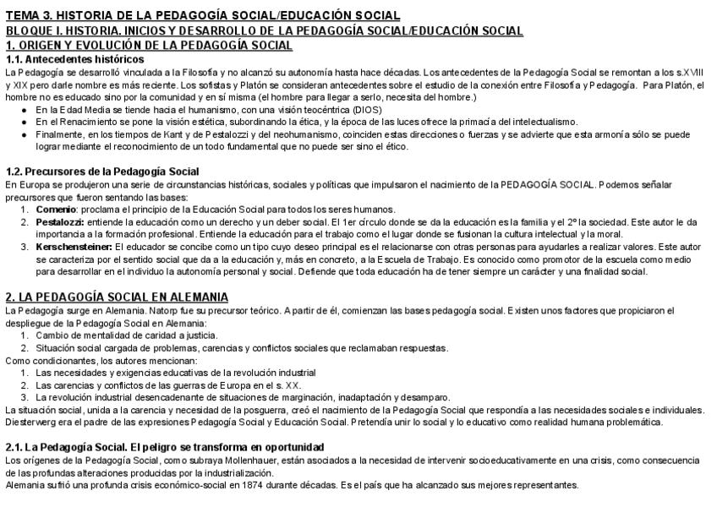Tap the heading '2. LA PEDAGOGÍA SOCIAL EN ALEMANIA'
click(116, 297)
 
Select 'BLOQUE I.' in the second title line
click(36, 30)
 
